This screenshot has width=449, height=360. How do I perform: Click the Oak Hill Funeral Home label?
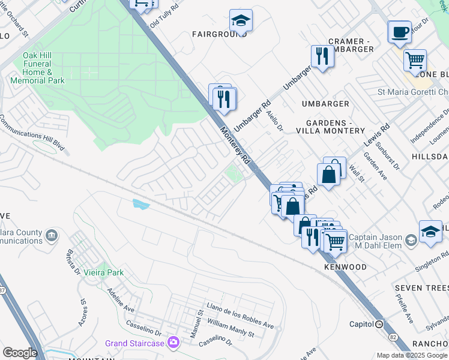(43, 68)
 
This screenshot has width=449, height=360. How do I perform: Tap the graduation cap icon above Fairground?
(241, 22)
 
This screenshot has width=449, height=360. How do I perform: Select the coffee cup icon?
(399, 32)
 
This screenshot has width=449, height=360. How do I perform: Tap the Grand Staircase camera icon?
(173, 343)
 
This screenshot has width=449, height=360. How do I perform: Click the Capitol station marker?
(379, 324)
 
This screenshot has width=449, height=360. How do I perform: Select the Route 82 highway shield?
(394, 338)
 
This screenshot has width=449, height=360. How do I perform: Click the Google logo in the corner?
(19, 353)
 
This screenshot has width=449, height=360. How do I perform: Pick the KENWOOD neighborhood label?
(345, 266)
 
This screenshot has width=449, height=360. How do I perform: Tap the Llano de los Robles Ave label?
(239, 316)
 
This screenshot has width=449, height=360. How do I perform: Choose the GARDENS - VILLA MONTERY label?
(331, 127)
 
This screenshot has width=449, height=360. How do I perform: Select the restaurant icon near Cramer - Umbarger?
(322, 57)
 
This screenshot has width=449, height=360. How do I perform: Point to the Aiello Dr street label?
(277, 124)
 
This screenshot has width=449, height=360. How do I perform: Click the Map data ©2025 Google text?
(411, 355)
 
